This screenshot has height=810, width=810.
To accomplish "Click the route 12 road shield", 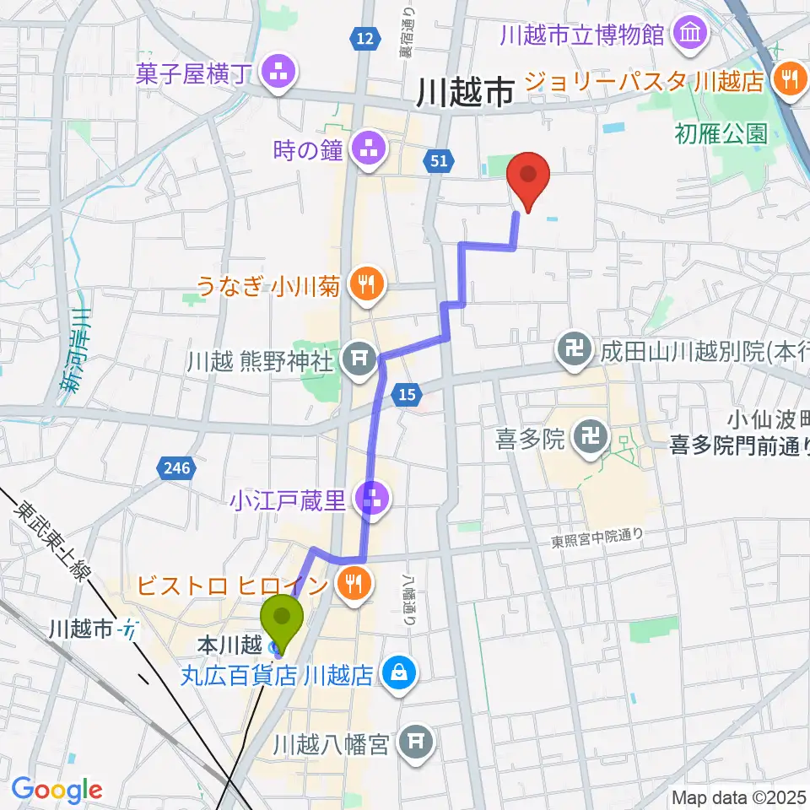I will coord(364,39).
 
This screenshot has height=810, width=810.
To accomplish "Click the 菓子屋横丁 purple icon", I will coord(278,73).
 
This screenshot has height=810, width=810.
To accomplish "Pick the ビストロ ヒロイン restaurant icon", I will coord(349,585).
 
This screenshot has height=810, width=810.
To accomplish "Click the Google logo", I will coord(57,789).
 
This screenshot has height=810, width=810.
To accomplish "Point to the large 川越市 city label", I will coord(465,93).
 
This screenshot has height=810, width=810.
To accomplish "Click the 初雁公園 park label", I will coord(721,132).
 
